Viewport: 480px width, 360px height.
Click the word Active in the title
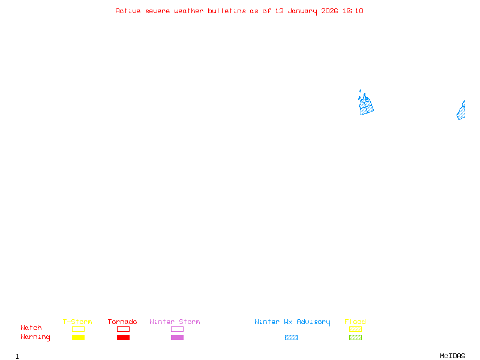(x=128, y=11)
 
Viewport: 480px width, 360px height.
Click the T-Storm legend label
(x=77, y=322)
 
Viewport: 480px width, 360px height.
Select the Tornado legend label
(x=122, y=322)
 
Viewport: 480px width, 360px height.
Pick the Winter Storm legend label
(x=175, y=322)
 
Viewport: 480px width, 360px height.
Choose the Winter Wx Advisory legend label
(x=292, y=322)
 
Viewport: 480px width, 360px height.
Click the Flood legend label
(x=355, y=322)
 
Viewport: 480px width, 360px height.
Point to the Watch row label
(x=31, y=328)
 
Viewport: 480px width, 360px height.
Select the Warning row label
(x=35, y=337)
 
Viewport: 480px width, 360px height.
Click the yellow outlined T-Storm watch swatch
(x=78, y=329)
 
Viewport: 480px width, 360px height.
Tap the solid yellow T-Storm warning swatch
(x=78, y=338)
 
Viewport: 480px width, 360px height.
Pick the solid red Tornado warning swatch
(x=123, y=338)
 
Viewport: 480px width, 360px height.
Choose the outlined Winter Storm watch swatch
(x=177, y=329)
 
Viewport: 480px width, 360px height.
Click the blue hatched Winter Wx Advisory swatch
(x=291, y=338)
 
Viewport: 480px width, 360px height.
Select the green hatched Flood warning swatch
(x=355, y=338)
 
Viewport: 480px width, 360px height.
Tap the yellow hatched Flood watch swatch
(x=355, y=329)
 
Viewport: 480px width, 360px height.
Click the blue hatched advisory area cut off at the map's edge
(x=461, y=112)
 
